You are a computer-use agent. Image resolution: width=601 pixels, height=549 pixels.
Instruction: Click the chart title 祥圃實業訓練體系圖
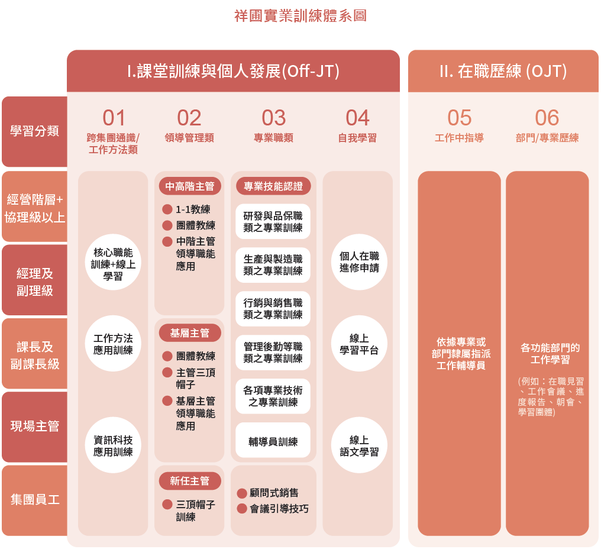point(300,16)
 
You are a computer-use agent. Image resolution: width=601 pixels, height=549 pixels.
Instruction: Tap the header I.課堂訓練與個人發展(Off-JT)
point(233,72)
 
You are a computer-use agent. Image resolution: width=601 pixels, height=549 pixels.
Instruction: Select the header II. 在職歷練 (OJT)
point(503,72)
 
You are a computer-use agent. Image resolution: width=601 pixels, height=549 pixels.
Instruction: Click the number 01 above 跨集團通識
point(114,118)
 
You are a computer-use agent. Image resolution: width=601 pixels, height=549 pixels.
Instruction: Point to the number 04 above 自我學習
point(357,118)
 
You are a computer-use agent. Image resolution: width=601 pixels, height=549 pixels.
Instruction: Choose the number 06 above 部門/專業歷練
point(547,118)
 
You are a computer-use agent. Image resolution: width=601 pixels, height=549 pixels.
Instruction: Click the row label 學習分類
point(34,131)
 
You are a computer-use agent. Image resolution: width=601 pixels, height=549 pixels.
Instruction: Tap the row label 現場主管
point(34,427)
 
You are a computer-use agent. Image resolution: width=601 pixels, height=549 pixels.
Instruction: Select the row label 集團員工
point(34,500)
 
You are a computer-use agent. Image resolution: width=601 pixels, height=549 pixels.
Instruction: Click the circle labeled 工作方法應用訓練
point(113,344)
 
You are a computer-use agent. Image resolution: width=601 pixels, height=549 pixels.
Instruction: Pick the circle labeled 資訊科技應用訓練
point(113,445)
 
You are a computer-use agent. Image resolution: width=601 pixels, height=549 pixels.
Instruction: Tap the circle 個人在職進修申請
point(359,262)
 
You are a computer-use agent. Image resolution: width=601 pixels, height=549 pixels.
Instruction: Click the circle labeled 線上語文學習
point(359,445)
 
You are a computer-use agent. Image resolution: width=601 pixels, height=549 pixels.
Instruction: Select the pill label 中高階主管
point(189,186)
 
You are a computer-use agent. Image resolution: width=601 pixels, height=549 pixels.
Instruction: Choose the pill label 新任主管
point(189,481)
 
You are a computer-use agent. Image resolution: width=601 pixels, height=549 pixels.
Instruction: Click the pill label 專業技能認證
point(273,186)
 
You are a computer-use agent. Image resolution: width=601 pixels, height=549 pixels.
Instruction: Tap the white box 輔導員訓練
point(273,441)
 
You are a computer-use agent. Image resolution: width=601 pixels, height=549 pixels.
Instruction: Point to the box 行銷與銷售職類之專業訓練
point(273,309)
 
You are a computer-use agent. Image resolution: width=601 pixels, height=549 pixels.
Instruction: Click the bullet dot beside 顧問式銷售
point(242,493)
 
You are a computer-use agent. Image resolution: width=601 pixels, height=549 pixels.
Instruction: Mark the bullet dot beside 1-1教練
point(167,209)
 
